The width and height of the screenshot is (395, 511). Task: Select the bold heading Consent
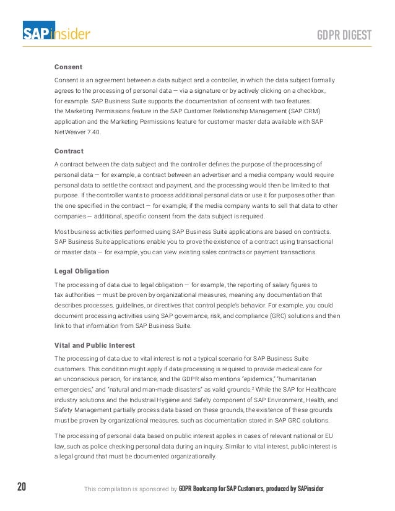(68, 67)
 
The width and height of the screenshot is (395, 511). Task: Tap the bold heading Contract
(69, 151)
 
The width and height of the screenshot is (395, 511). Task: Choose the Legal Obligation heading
(82, 271)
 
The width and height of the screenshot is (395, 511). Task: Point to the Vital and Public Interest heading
(95, 345)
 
